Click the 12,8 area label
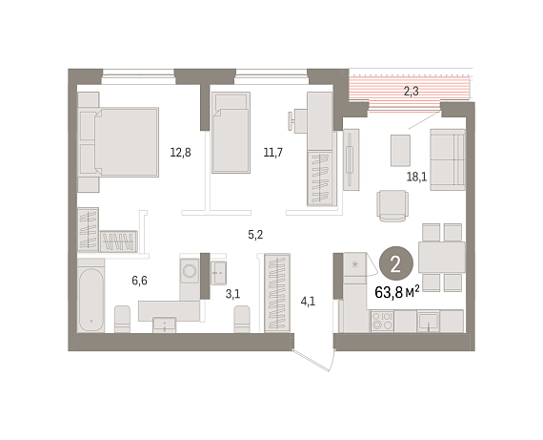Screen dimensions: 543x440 click(180, 153)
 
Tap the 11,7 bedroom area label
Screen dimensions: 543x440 click(272, 153)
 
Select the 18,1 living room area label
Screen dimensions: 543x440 click(416, 177)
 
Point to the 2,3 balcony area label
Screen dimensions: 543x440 click(411, 92)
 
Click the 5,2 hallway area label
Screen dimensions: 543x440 click(255, 235)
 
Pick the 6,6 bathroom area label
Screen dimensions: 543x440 click(139, 281)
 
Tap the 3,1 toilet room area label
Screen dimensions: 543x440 click(232, 294)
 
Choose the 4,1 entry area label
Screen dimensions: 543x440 click(308, 302)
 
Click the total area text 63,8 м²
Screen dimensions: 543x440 click(397, 292)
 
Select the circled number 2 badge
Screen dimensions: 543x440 click(396, 263)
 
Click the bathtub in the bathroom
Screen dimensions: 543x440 click(90, 295)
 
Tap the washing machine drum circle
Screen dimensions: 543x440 click(190, 271)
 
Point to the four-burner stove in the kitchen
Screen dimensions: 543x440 click(382, 321)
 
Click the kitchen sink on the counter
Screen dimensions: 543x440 click(428, 322)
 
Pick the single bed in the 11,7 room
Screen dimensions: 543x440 click(231, 133)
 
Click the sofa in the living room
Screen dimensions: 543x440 click(448, 159)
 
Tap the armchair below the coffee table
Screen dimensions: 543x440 click(392, 205)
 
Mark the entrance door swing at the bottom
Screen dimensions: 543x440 click(314, 360)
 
